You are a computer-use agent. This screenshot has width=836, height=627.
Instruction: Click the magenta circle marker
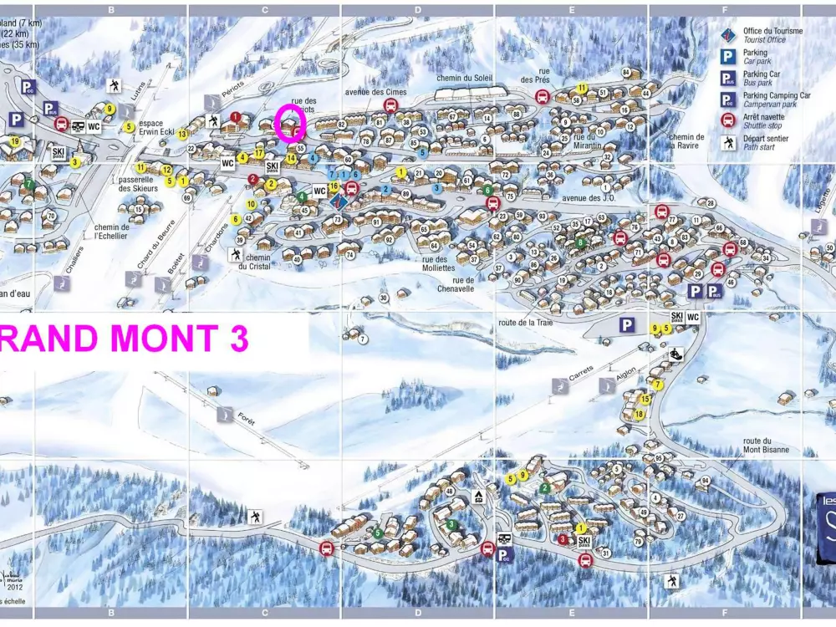coord(291,123)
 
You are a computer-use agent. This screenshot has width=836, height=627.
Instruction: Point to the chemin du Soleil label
coord(465,79)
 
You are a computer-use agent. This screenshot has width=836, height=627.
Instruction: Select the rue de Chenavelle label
coord(456,284)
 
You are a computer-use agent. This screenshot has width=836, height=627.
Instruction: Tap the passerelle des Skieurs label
coord(137,183)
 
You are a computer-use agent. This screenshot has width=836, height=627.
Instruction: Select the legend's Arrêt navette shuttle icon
coord(728,120)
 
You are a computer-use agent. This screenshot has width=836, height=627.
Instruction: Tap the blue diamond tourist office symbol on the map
coord(339,201)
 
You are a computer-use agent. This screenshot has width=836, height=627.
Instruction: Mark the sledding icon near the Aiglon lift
coord(676,354)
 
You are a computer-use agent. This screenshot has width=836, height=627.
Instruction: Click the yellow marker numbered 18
coord(640,414)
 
